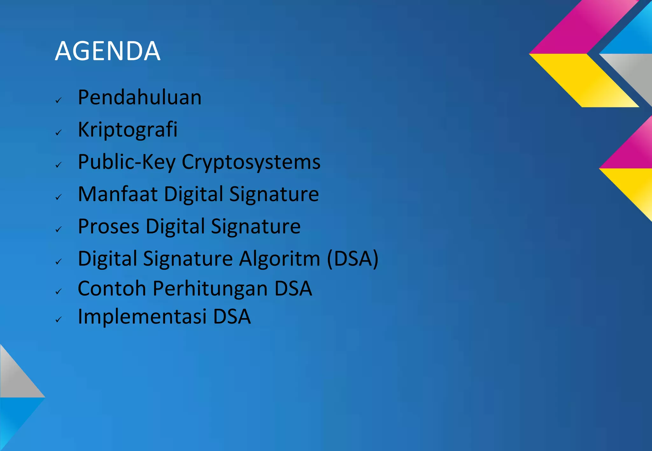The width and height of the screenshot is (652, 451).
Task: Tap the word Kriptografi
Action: tap(127, 130)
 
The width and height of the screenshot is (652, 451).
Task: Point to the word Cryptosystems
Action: tap(251, 162)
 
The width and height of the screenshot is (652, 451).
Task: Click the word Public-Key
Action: tap(126, 162)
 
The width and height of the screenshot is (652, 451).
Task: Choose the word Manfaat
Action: tap(117, 194)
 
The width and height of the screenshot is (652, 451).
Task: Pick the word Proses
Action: tap(108, 226)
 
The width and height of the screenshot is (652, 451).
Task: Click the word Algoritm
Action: tap(280, 258)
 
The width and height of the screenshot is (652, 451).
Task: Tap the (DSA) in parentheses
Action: tap(353, 258)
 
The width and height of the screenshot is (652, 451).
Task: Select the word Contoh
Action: tap(112, 288)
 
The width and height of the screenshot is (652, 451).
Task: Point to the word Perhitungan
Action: tap(210, 288)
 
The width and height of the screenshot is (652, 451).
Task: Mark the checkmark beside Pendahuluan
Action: tap(58, 101)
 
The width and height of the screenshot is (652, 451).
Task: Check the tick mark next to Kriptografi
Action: tap(58, 133)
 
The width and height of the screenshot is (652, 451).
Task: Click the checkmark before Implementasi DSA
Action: tap(58, 320)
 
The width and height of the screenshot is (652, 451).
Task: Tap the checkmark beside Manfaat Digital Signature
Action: tap(58, 197)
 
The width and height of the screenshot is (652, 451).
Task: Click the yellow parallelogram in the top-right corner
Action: tap(584, 80)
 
